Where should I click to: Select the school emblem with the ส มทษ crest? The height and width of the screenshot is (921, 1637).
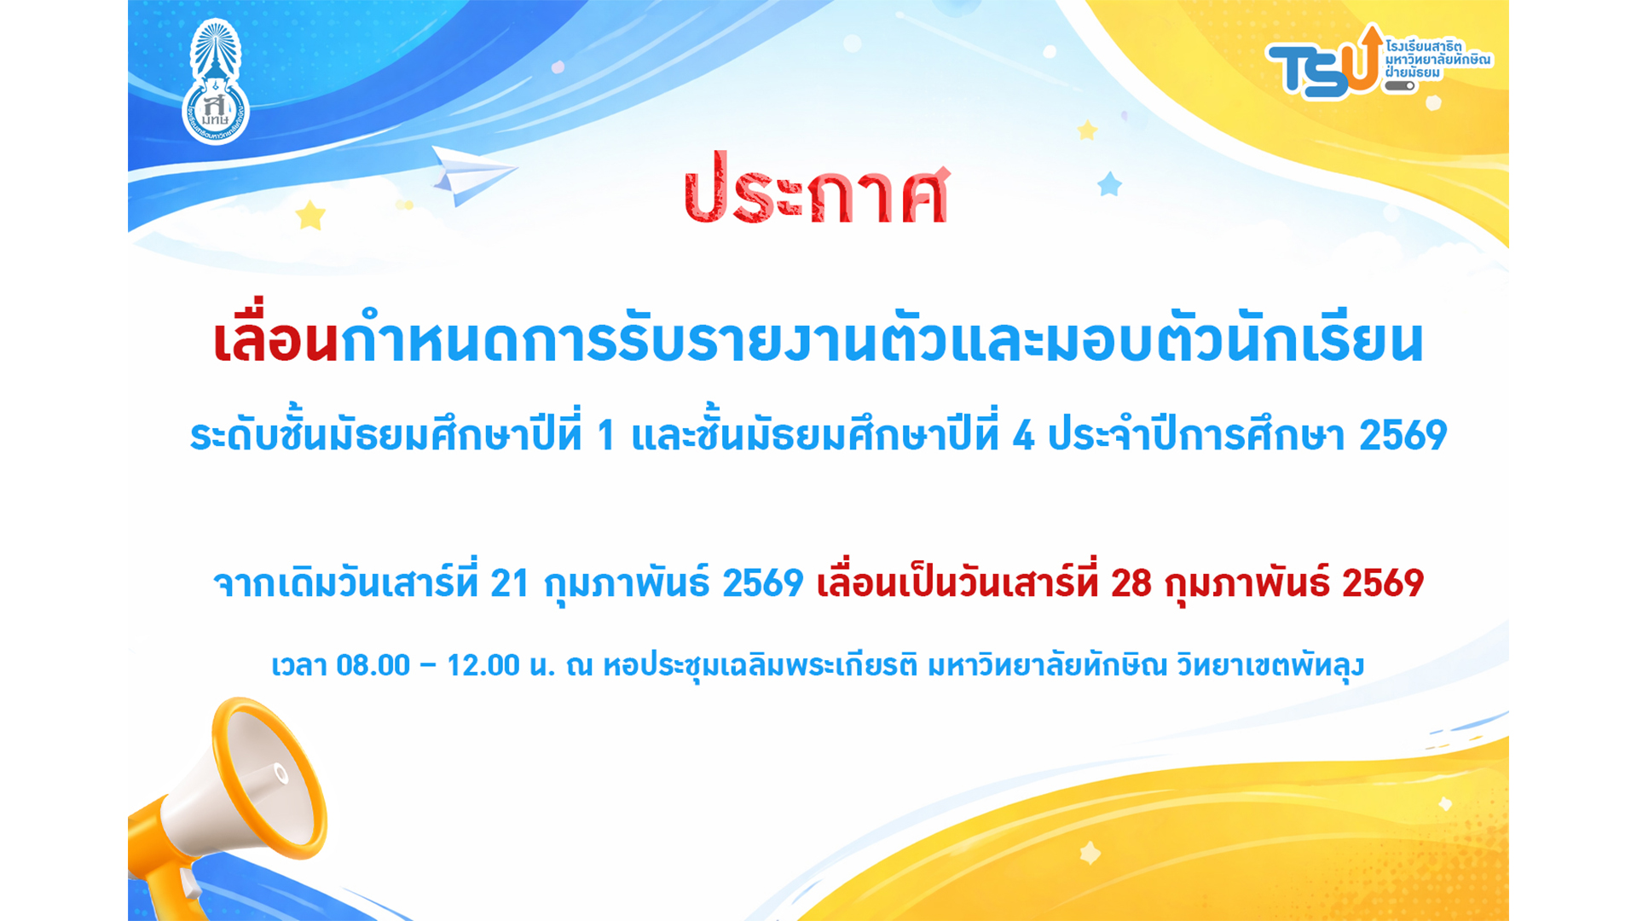[x=215, y=82]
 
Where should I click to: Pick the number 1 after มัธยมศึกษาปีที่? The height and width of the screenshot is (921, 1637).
[x=606, y=436]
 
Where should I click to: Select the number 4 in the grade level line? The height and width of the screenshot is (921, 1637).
[x=1023, y=436]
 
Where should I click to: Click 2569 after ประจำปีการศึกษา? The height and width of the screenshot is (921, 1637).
[x=1403, y=436]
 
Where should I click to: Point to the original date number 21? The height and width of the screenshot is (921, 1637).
[x=510, y=584]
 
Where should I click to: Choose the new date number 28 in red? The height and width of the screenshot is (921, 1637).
[x=1131, y=584]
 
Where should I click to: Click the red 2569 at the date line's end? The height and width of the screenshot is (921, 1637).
[x=1383, y=584]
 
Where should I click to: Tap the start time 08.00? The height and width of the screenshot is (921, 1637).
[x=373, y=665]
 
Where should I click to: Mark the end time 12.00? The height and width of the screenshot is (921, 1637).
[x=483, y=665]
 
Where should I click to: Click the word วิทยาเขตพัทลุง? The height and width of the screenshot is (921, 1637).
[x=1270, y=665]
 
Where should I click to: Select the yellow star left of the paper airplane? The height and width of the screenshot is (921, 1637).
[x=310, y=215]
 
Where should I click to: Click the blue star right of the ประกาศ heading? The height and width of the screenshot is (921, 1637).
[x=1109, y=183]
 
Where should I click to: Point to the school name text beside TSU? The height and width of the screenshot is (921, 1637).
[x=1437, y=59]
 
